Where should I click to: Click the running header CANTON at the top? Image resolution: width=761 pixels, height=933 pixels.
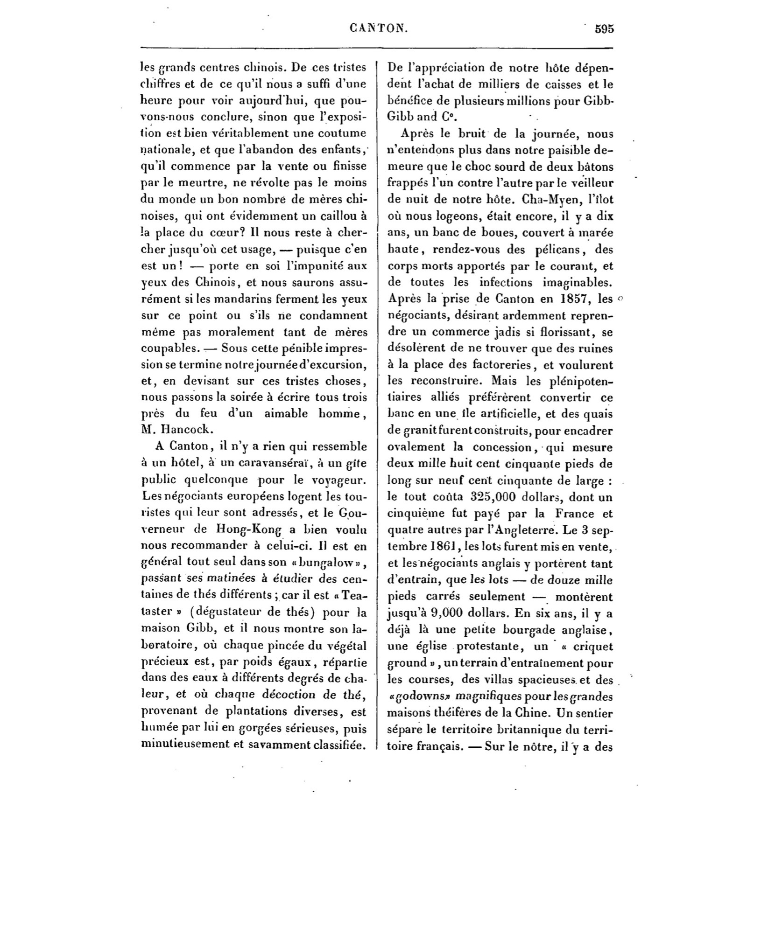click(x=378, y=28)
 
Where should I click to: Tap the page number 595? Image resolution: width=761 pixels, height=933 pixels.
click(x=604, y=28)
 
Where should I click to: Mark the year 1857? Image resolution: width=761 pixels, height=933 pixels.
click(x=570, y=299)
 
